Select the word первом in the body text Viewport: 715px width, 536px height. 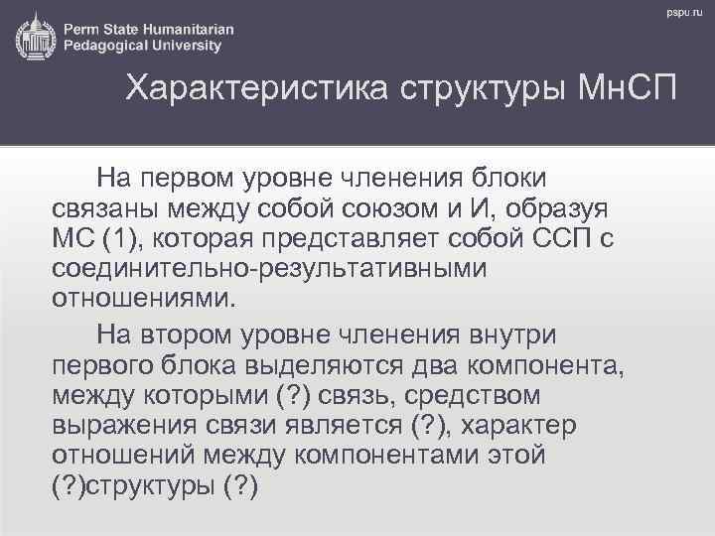point(183,180)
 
